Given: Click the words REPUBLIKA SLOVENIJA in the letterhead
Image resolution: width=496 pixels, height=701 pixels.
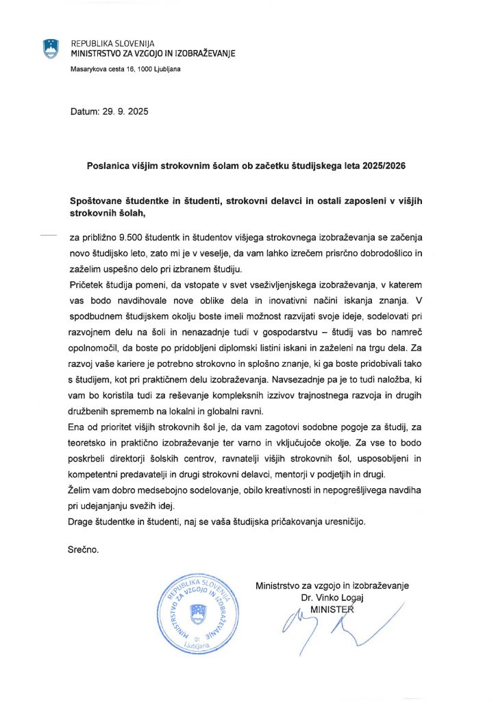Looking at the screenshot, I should click(x=114, y=43).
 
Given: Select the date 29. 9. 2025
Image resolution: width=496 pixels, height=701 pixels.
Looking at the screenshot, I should click(x=125, y=111).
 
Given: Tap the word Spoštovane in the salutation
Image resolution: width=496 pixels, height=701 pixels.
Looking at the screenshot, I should click(x=102, y=201).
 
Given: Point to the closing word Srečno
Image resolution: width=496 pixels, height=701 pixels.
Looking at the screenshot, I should click(x=84, y=550).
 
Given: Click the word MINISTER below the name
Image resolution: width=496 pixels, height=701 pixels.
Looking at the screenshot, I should click(x=332, y=609).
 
